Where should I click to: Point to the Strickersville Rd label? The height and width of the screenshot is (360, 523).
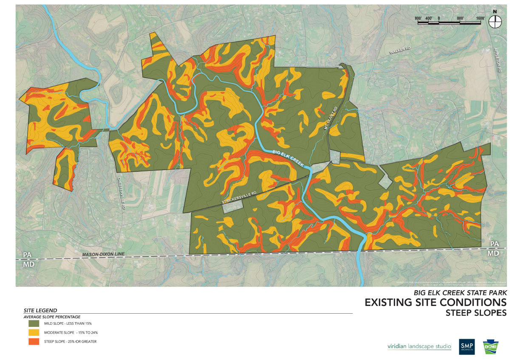point(240,197)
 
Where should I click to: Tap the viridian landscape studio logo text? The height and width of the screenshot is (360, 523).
point(419,346)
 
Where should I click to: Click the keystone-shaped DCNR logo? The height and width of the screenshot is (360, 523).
point(491,346)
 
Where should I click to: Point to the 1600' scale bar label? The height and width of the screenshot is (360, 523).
point(481,18)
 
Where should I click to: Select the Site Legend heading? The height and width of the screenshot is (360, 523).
point(40,311)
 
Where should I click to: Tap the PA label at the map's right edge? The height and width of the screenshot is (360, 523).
point(494,244)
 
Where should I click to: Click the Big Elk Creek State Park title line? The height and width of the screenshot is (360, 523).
point(460,292)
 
